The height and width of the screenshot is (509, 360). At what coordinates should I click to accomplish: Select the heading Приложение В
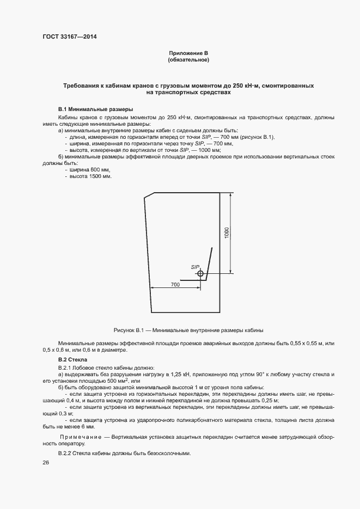tap(188, 53)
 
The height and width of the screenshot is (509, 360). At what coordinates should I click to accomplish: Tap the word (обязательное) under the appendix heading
tap(188, 59)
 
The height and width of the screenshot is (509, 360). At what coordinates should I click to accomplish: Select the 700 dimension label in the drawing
tap(175, 284)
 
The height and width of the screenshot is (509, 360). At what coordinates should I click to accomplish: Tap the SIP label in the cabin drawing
tap(196, 267)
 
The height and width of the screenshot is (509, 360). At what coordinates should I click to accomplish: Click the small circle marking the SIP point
tap(200, 273)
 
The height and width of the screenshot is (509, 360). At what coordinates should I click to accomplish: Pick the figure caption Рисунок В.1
tap(188, 330)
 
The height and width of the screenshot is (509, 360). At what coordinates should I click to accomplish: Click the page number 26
tap(46, 463)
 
